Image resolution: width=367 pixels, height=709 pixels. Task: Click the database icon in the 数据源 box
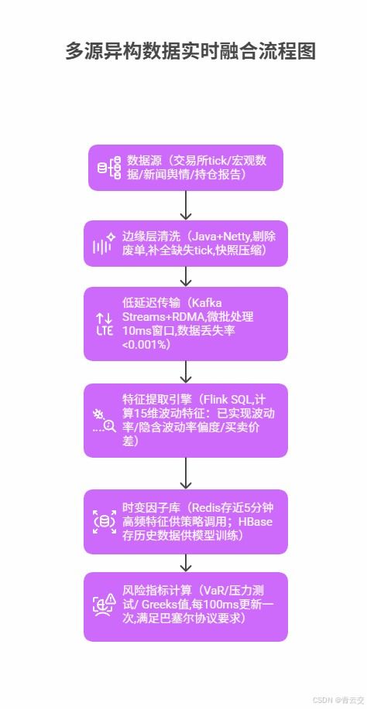[x=108, y=168]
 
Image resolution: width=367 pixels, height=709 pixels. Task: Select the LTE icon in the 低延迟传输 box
[x=105, y=324]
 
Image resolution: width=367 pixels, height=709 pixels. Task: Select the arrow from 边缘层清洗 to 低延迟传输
[x=186, y=276]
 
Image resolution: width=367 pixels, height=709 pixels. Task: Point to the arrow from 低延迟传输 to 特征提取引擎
[x=186, y=372]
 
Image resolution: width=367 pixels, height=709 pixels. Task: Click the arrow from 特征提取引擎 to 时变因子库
[x=186, y=472]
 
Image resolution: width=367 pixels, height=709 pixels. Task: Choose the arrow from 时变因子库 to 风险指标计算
[x=186, y=562]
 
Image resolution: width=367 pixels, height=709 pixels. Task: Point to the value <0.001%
[x=146, y=345]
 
